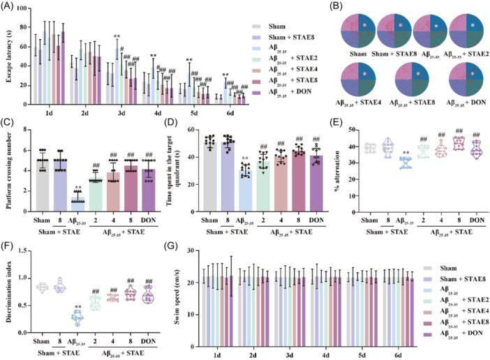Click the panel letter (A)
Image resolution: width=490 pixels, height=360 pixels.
(12, 6)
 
